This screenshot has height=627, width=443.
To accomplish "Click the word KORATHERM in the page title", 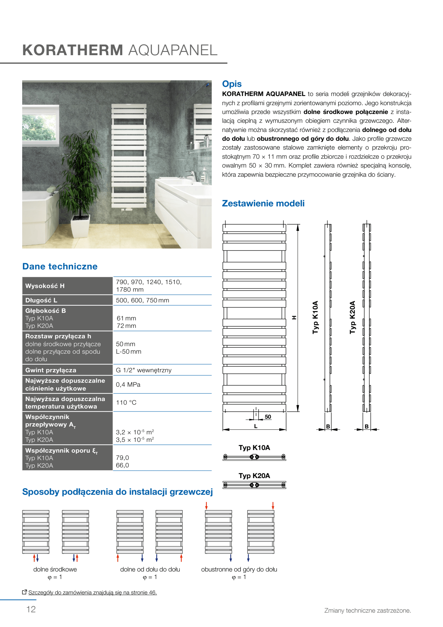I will pos(72,50).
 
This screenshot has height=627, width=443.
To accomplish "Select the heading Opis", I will pos(232,84).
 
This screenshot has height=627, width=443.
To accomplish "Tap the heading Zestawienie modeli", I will pos(263,203).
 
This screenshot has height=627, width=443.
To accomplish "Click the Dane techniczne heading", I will pos(60,266).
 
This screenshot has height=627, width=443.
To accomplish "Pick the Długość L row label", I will pos(41,300).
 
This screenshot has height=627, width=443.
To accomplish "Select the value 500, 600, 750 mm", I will pos(142,300).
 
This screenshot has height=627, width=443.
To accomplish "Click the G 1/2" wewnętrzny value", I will pos(144,370).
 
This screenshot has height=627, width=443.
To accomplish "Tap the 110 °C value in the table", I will pos(126,402).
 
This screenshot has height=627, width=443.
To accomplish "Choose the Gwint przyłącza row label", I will pos(51,370).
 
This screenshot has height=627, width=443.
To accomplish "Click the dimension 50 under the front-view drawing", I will pos(268,417).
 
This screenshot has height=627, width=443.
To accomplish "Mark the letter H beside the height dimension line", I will pos(294,317).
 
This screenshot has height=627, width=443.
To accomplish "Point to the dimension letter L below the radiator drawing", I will pos(256,426).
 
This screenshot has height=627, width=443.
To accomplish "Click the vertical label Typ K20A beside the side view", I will pos(352,317).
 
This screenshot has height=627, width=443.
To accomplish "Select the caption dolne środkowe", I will pos(55,569).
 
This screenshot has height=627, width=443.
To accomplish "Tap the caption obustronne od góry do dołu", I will pos(239,569).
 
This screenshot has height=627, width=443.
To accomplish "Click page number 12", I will pos(31,609).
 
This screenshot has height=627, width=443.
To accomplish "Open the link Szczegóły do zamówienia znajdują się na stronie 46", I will pos(92,592).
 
